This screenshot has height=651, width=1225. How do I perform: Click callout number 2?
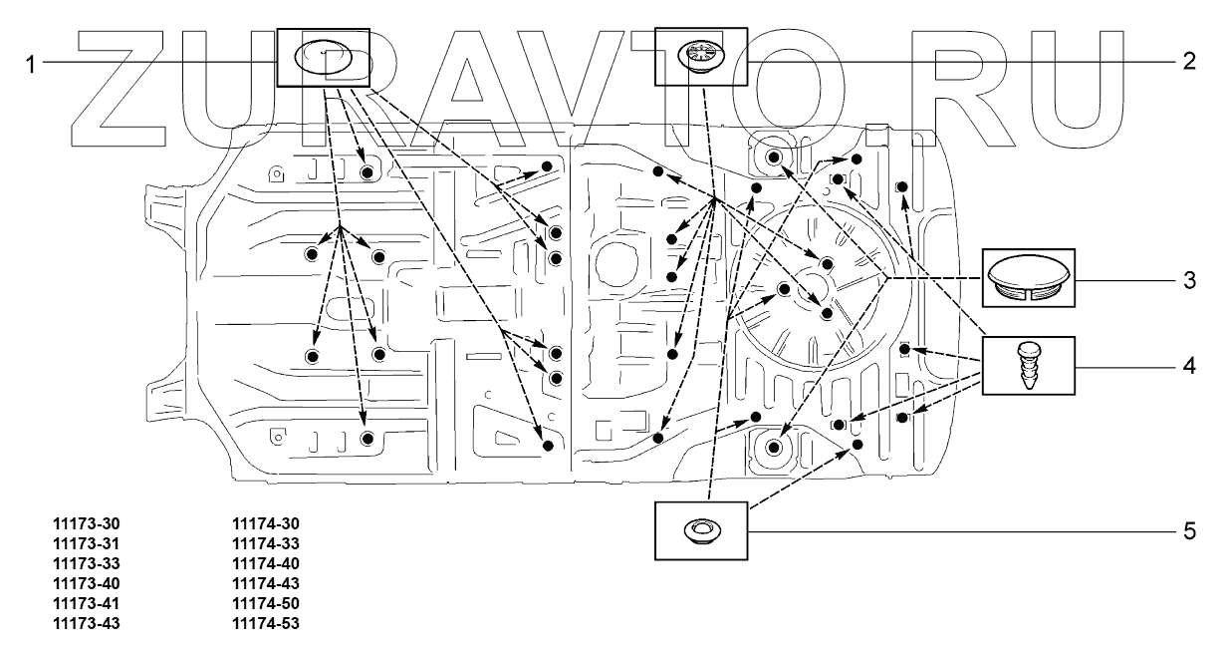coord(1189,61)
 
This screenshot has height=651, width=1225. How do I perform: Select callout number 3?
coord(1189,280)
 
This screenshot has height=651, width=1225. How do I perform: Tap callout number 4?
coord(1189,367)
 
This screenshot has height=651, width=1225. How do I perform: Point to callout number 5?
coord(1189,530)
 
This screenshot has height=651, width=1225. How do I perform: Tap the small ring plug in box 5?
coord(700,529)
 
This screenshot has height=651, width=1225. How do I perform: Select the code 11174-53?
coord(265,625)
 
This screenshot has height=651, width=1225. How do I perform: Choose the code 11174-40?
coord(265,564)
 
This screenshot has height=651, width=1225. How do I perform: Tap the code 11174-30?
coord(265,523)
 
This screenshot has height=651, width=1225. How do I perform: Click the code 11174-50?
coord(265,604)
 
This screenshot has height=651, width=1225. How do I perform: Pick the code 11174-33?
coord(265,543)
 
